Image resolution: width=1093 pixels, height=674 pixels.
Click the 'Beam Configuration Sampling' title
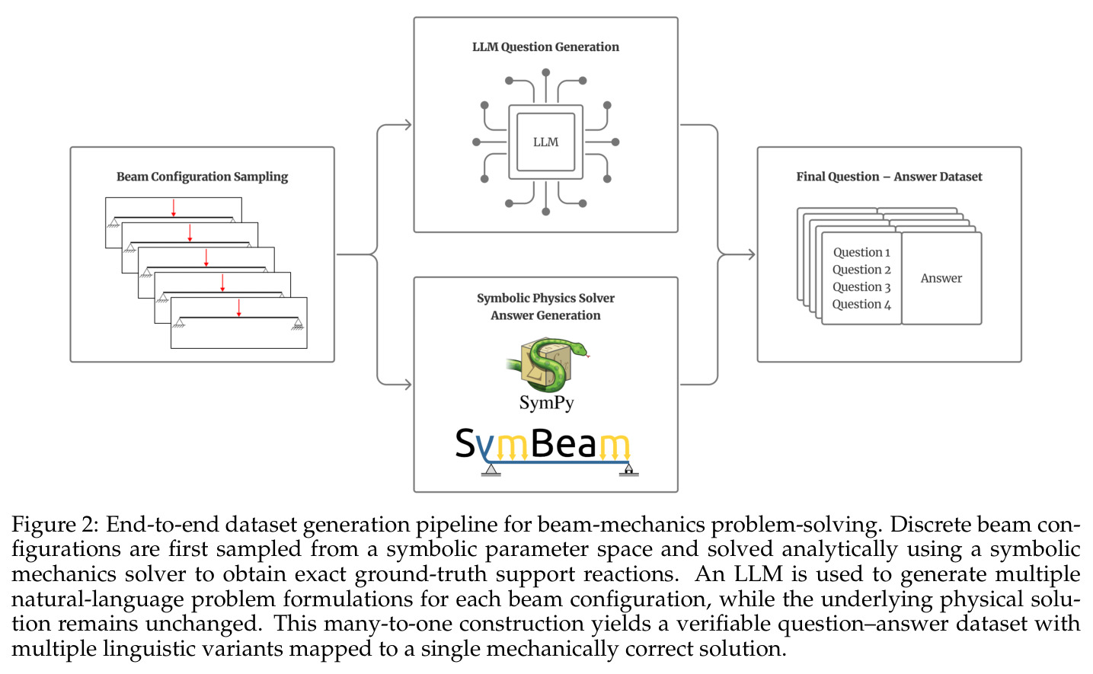[202, 177]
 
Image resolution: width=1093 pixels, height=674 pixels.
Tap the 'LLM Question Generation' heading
[545, 47]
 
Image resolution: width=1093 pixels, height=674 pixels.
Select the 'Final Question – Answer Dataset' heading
[889, 177]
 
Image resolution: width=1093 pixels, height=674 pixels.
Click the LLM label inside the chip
[545, 142]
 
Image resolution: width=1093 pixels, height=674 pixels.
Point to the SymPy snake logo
[548, 365]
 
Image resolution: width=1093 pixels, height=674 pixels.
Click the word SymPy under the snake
[547, 403]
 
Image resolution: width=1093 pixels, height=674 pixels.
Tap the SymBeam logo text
[542, 444]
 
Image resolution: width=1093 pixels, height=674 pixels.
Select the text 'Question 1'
[861, 252]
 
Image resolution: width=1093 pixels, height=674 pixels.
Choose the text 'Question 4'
[861, 305]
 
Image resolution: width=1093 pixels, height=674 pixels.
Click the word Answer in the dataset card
[941, 278]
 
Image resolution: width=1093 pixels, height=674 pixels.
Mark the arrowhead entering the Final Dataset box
[751, 254]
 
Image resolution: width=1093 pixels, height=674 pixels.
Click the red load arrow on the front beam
[238, 308]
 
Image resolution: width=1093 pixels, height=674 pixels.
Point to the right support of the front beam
[297, 324]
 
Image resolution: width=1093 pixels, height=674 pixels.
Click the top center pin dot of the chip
[545, 72]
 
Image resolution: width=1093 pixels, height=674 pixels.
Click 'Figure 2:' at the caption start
[55, 525]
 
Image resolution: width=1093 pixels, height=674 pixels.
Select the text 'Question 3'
[861, 287]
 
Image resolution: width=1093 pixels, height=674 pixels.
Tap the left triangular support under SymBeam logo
[491, 470]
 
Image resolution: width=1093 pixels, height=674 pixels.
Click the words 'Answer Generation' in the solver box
[545, 315]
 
